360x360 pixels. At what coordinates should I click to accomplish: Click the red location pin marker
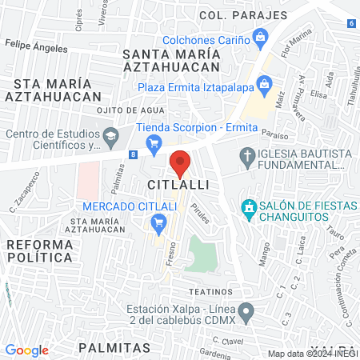click(180, 162)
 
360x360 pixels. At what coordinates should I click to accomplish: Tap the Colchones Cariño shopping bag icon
click(261, 36)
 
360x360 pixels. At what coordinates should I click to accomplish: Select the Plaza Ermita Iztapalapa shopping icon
click(266, 85)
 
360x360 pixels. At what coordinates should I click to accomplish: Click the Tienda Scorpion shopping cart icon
click(155, 142)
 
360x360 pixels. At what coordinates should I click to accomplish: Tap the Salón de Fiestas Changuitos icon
click(250, 210)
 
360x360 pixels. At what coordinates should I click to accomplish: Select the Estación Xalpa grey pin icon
click(246, 310)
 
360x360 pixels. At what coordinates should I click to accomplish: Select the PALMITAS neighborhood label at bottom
click(114, 348)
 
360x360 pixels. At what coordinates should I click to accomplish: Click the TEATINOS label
click(211, 291)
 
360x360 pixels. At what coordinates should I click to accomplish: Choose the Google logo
click(27, 350)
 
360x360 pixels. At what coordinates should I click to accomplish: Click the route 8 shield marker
click(133, 153)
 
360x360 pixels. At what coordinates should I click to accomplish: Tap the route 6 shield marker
click(352, 22)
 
